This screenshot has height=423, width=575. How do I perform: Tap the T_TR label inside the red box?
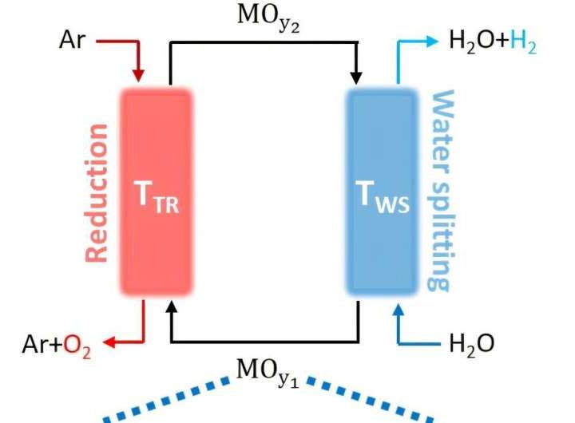point(156,200)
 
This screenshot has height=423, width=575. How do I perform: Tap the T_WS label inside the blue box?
point(382,200)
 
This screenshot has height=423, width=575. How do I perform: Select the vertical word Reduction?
point(97,192)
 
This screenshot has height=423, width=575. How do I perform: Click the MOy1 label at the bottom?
point(268,371)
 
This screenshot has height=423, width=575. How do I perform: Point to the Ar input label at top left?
point(72,40)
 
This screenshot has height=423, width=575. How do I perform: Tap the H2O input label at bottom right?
point(471,344)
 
